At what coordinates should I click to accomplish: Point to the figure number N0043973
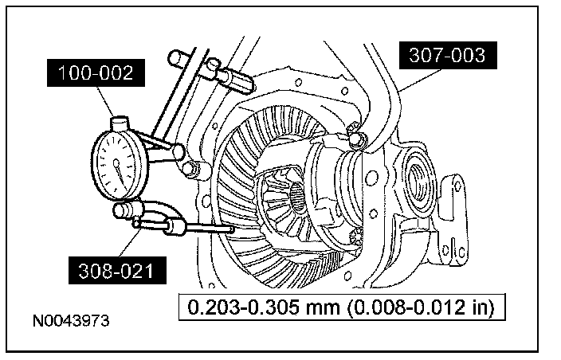(71, 322)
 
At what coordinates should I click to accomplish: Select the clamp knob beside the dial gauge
(189, 169)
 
